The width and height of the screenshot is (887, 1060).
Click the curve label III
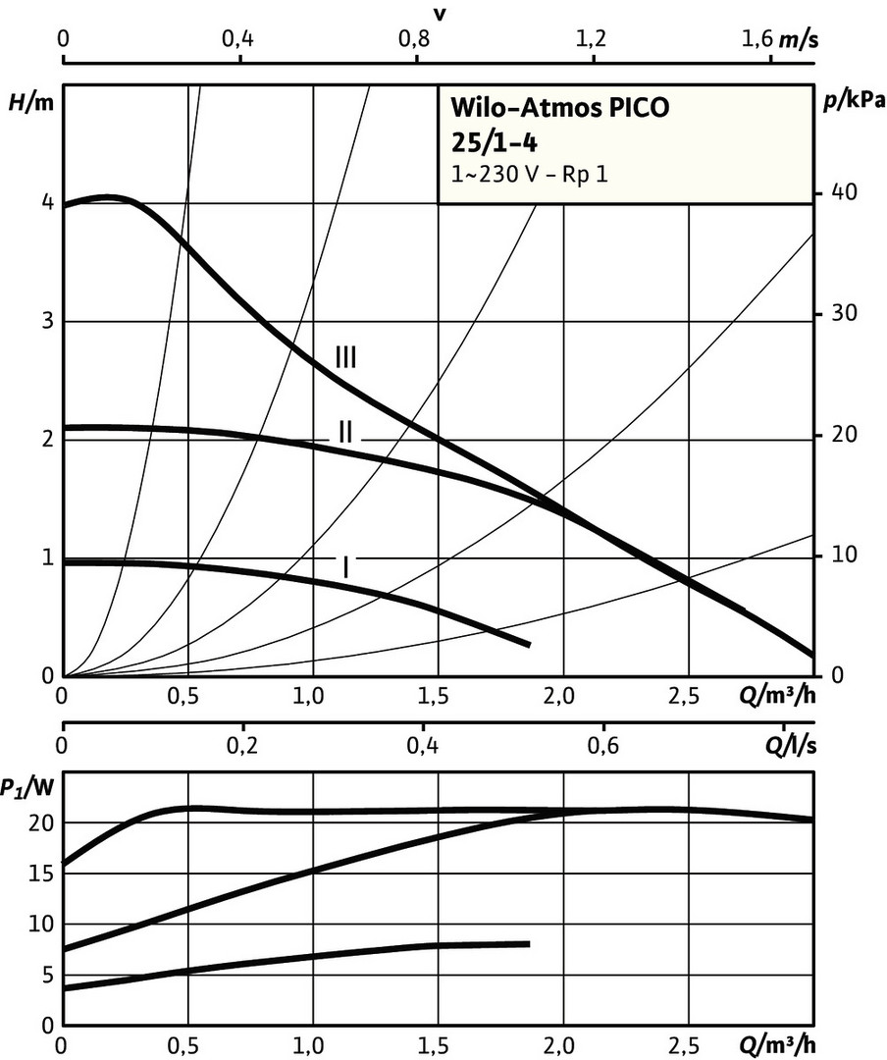[345, 356]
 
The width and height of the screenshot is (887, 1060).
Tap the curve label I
[345, 566]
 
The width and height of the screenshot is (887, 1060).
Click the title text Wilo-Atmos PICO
[558, 107]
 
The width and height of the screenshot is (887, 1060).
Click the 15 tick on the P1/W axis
[38, 874]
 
